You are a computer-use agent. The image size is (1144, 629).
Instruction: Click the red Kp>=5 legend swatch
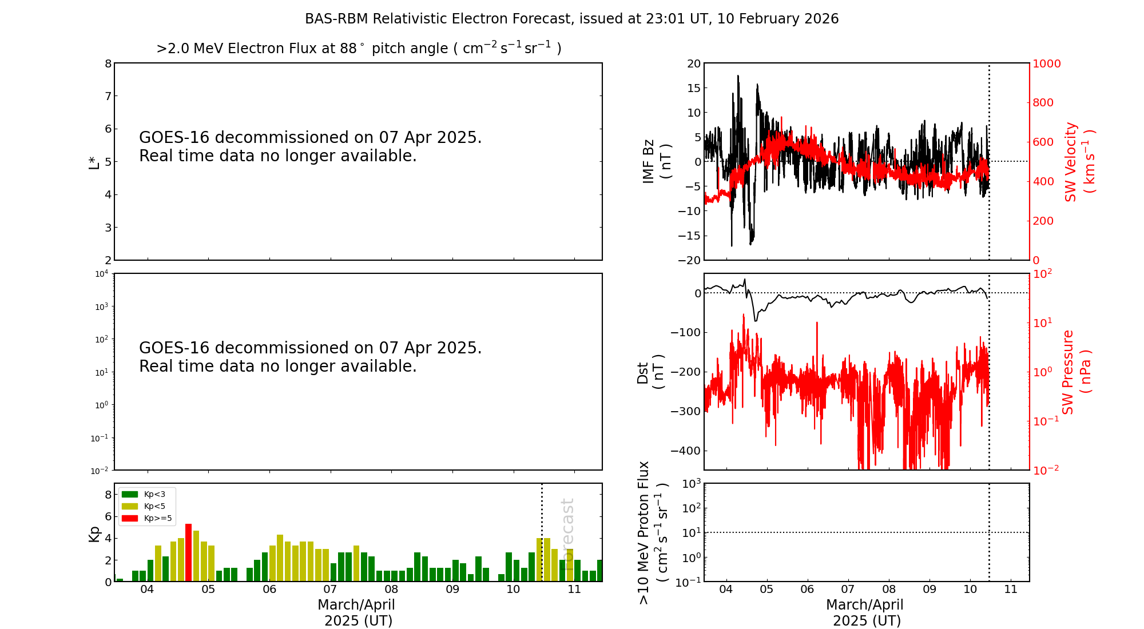(130, 518)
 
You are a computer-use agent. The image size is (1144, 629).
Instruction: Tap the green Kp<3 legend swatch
(130, 494)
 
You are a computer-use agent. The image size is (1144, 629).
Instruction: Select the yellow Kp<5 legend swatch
(130, 506)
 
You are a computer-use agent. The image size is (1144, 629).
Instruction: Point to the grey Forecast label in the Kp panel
(567, 526)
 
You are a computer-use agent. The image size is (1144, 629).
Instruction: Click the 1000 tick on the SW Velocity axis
(1047, 63)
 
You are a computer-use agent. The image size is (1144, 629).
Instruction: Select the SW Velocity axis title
(1079, 161)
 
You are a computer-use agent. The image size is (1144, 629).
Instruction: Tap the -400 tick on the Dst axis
(686, 451)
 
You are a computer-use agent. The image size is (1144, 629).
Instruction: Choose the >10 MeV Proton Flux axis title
(653, 532)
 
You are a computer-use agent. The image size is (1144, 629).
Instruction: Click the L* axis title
(94, 161)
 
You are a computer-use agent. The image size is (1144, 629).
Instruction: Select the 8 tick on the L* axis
(108, 63)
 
